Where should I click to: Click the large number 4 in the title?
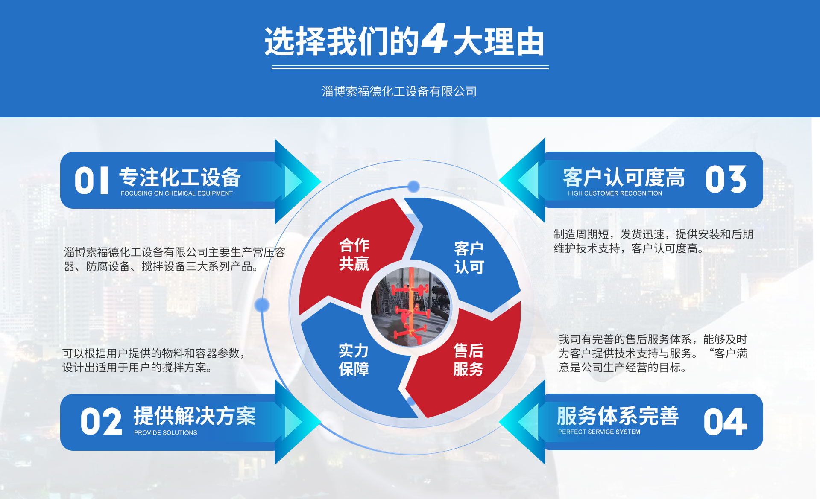434,39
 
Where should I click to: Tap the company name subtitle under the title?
399,91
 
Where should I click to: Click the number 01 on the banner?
91,181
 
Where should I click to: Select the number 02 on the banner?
101,422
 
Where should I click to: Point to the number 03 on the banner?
726,179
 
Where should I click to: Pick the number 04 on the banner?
725,422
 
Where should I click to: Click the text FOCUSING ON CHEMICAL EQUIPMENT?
176,193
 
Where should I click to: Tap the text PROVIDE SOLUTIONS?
166,433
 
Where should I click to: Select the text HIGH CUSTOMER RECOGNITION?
615,193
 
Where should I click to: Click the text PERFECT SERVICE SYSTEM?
599,432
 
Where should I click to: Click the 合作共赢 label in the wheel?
354,254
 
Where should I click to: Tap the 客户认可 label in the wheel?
469,257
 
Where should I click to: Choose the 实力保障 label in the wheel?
354,359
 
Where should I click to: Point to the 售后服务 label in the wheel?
469,359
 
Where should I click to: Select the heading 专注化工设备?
180,177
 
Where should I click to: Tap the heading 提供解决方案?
195,416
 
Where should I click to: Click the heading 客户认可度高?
624,177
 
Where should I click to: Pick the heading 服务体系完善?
618,416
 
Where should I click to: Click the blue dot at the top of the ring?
413,186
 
